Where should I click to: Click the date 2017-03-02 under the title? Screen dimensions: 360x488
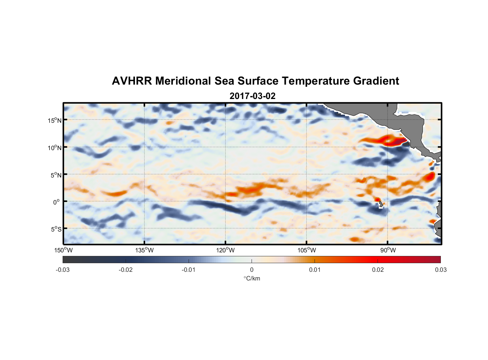252,96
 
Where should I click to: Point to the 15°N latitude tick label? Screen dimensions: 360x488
55,120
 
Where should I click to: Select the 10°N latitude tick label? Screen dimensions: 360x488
55,148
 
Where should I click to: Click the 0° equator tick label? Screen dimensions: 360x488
57,202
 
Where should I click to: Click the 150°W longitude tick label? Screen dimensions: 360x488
64,250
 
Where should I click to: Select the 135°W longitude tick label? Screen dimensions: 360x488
145,250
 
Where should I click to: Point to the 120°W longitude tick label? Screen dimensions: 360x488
226,250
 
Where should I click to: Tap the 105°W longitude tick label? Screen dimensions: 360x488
307,250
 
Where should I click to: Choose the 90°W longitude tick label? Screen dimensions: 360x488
388,250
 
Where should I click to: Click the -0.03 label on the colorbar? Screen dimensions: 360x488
63,270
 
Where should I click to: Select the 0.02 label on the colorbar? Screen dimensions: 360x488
378,270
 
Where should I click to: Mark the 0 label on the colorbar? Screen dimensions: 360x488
252,270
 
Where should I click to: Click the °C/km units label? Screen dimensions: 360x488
252,278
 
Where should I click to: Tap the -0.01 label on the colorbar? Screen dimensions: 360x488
189,270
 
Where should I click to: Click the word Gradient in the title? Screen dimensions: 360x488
376,81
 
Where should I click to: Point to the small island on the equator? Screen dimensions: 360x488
381,204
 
